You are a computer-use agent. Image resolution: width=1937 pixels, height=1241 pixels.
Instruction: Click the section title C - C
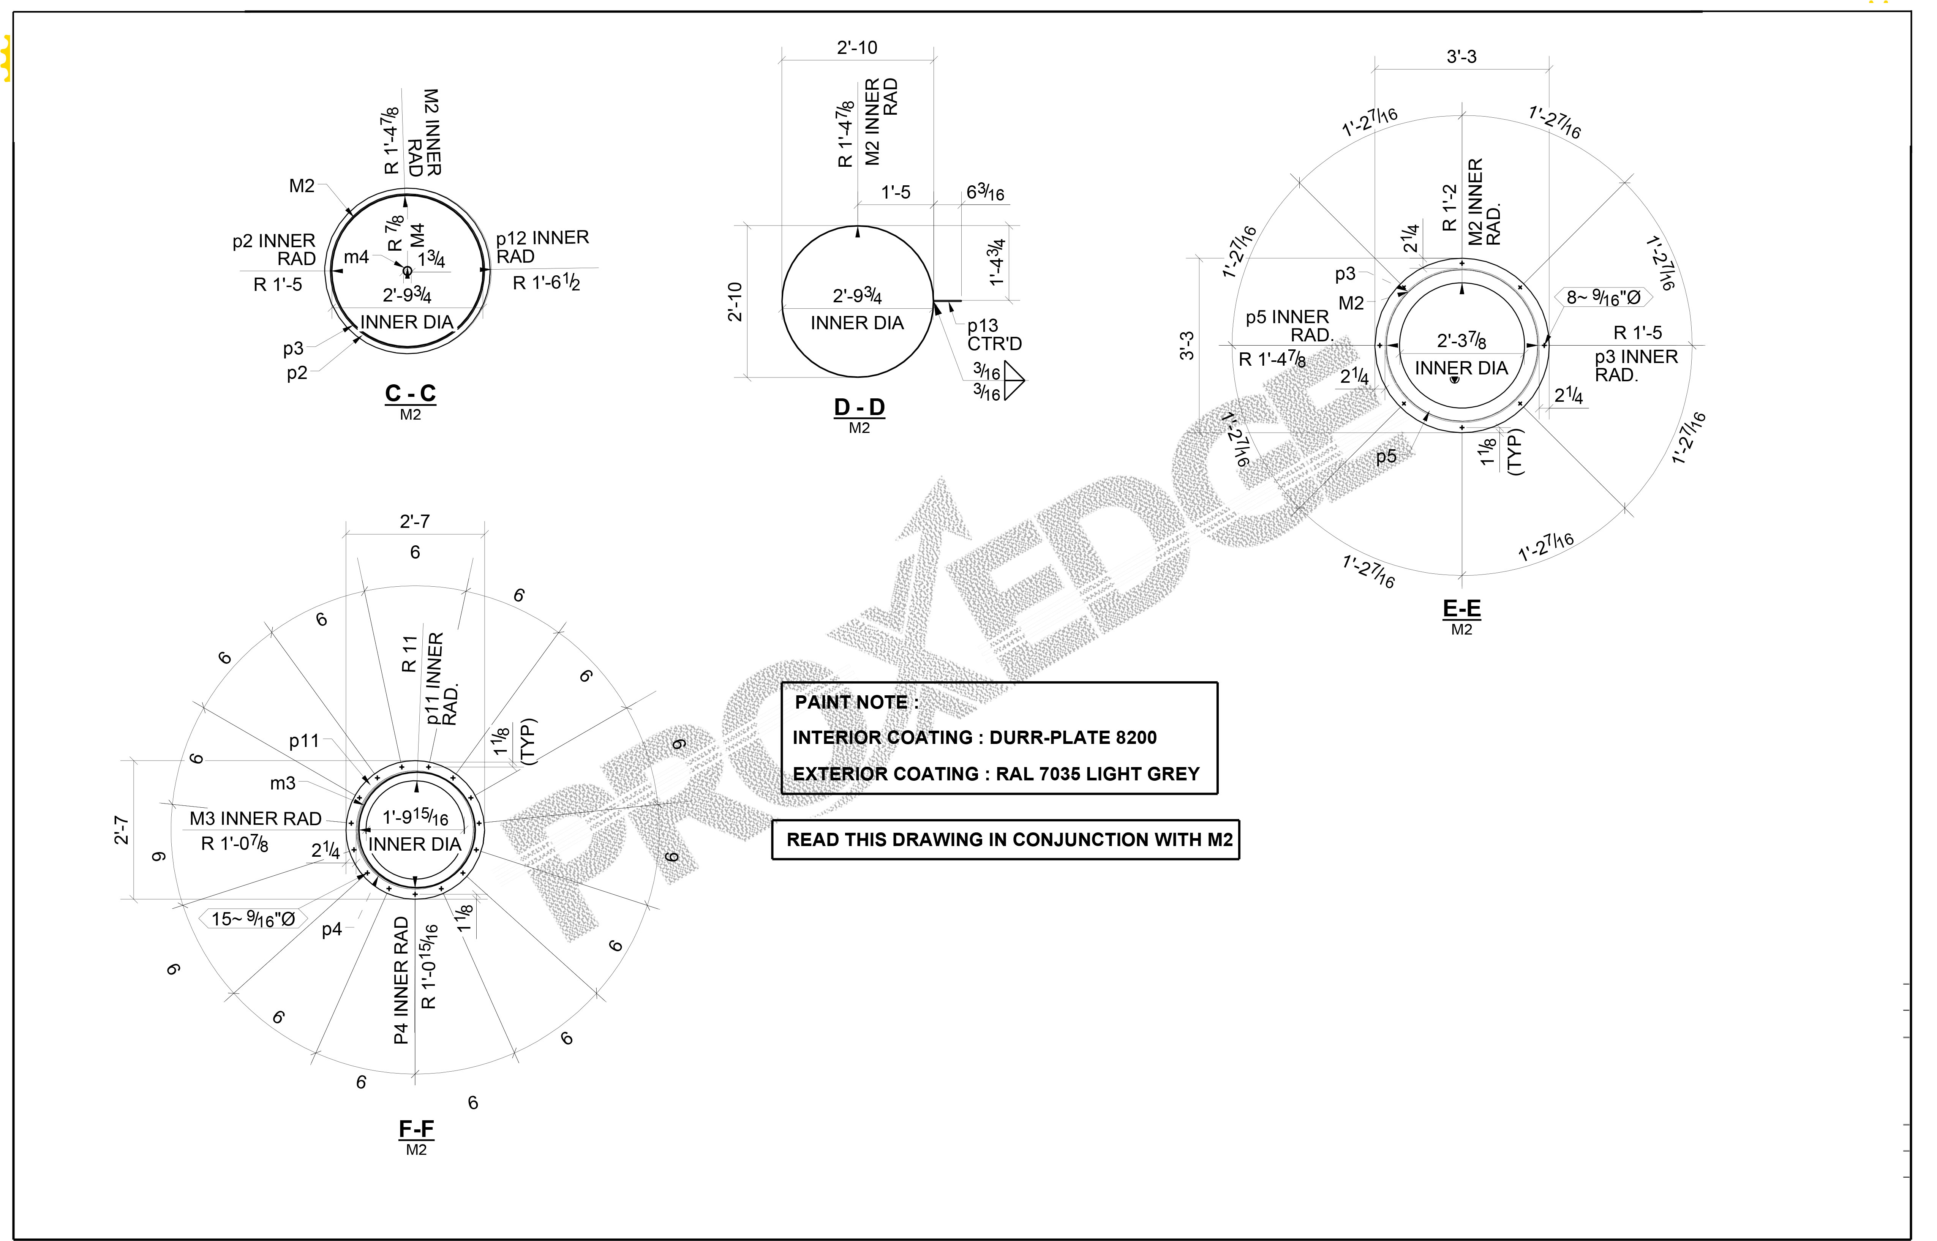(410, 393)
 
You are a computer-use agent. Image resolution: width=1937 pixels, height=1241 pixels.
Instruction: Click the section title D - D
(859, 407)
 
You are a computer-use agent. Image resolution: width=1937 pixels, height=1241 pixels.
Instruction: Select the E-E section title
(1461, 608)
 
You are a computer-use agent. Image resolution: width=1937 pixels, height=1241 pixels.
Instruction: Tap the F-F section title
(416, 1128)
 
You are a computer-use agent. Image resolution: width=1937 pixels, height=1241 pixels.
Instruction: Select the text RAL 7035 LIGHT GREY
(1097, 774)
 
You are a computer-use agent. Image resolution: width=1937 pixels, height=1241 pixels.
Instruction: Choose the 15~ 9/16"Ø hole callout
(253, 919)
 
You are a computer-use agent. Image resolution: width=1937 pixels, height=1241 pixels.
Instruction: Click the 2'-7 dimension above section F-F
(415, 521)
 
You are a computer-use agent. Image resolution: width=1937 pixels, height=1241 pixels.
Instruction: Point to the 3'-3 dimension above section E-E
(1461, 57)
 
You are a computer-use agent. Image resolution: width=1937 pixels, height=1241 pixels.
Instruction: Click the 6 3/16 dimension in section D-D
(984, 193)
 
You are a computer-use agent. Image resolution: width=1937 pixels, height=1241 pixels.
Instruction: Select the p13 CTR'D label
(994, 335)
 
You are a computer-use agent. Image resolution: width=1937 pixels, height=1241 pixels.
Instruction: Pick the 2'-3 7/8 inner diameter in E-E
(1461, 341)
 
